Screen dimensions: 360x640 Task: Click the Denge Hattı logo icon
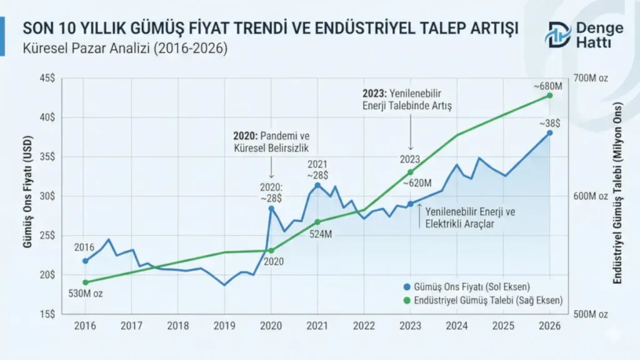pos(557,35)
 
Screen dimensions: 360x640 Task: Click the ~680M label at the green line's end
pos(547,85)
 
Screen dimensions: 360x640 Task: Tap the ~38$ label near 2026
pos(550,123)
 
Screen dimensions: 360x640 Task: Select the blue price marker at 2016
pos(86,261)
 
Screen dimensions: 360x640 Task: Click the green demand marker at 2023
pos(411,172)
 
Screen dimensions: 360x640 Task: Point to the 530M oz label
pos(85,294)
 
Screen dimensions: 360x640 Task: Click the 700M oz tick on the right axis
pos(589,78)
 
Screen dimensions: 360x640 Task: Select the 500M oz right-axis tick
pos(589,314)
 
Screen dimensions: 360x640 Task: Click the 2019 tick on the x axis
pos(224,326)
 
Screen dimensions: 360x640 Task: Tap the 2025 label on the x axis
pos(503,326)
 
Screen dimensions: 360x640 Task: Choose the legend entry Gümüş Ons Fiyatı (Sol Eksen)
pos(472,287)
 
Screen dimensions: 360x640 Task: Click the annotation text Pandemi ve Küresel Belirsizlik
pos(272,142)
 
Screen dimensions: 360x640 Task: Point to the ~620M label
pos(417,184)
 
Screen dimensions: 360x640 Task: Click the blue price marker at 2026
pos(550,132)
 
